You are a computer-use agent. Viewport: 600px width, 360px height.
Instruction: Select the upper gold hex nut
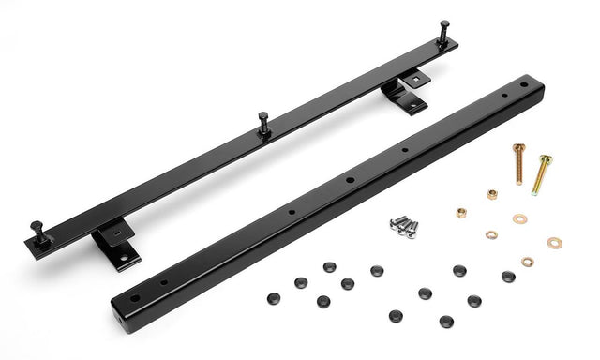(491, 194)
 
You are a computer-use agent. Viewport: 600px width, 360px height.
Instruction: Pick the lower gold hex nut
(461, 212)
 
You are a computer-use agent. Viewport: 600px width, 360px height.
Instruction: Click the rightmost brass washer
(554, 243)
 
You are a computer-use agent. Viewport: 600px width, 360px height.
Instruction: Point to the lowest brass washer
(528, 262)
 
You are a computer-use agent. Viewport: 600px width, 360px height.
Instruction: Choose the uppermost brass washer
(519, 218)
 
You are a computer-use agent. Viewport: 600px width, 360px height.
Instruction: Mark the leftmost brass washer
(491, 234)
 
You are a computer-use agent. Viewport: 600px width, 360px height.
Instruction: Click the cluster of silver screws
(404, 225)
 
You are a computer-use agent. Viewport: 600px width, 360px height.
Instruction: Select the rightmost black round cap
(508, 277)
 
